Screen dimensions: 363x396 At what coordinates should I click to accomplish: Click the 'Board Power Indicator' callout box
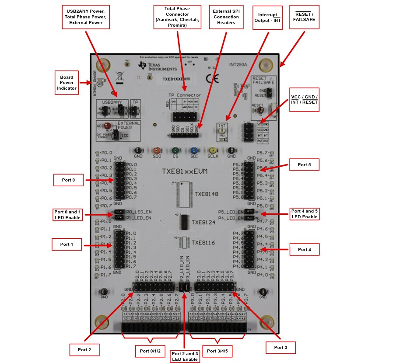[67, 82]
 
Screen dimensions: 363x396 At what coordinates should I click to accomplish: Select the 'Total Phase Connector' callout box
[177, 17]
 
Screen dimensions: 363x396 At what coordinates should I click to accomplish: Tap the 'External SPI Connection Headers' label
[226, 17]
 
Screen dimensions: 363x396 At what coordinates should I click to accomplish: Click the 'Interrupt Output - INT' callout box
[268, 17]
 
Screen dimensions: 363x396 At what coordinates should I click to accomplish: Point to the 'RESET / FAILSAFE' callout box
[304, 17]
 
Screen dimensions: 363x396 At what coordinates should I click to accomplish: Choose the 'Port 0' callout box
[68, 180]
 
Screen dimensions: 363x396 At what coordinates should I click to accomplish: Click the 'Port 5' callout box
[304, 164]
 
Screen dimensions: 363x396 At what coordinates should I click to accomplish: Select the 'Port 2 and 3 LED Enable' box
[184, 356]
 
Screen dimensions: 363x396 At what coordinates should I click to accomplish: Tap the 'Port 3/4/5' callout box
[217, 351]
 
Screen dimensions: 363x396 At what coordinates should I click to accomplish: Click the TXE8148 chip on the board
[184, 193]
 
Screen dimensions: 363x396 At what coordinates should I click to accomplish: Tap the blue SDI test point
[194, 150]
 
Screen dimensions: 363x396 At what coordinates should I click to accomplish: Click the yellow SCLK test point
[213, 150]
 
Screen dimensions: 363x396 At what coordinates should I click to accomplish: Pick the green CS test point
[175, 150]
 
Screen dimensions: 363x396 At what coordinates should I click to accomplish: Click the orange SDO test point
[157, 150]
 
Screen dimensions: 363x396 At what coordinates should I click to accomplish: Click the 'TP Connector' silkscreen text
[185, 95]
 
